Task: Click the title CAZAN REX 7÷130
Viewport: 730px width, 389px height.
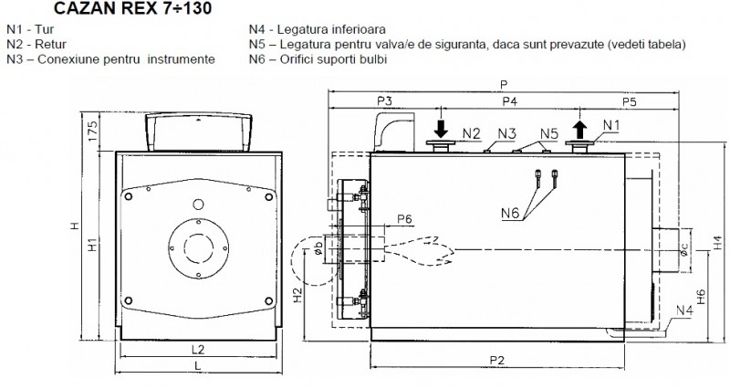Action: [x=132, y=8]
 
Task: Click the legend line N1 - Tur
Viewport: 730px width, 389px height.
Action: [x=30, y=29]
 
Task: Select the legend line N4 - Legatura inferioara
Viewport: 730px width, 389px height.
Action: [x=317, y=29]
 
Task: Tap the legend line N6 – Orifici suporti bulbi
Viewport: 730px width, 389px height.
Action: [x=318, y=59]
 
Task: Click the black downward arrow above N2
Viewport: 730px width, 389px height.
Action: [x=441, y=129]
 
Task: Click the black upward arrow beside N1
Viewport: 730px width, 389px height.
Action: [x=579, y=130]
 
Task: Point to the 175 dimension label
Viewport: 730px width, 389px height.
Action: [x=93, y=131]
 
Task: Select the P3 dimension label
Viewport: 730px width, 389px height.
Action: [x=384, y=100]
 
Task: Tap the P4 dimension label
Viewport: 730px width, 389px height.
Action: [x=510, y=101]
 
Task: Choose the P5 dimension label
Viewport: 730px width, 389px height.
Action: [x=629, y=101]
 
